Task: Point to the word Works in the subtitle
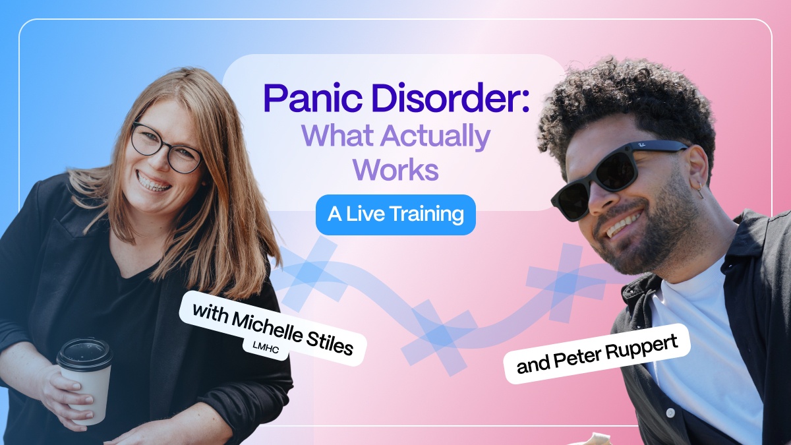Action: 396,170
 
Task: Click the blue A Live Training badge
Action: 395,215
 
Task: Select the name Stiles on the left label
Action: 329,342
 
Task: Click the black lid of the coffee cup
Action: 84,355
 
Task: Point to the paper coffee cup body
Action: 86,393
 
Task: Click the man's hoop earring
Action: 700,191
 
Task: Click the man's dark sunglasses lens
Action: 617,171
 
